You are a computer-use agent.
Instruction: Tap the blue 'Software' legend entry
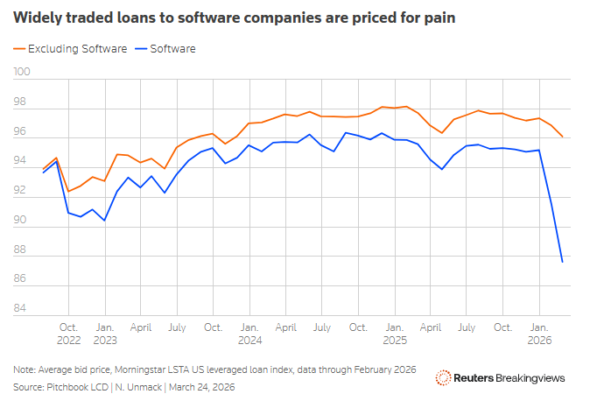(172, 48)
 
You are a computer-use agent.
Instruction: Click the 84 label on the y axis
(25, 309)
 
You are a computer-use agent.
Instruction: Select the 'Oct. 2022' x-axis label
(69, 333)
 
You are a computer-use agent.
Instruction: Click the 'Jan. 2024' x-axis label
(249, 333)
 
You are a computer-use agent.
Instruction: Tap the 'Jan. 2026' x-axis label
(539, 333)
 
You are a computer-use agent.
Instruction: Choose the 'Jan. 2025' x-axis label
(394, 333)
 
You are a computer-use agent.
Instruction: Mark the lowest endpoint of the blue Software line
(562, 262)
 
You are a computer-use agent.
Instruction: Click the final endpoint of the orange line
(562, 137)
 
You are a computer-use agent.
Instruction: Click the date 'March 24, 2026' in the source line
(203, 386)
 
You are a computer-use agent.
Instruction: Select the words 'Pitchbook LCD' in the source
(78, 386)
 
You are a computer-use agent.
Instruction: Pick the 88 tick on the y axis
(25, 250)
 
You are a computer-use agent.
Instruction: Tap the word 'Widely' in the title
(36, 18)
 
